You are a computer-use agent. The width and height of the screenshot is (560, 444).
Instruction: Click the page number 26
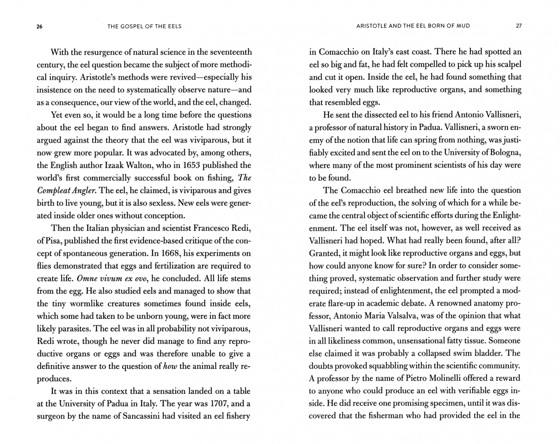40,26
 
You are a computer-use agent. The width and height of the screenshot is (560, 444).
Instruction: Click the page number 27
518,26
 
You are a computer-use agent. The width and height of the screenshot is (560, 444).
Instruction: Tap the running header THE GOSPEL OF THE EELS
144,26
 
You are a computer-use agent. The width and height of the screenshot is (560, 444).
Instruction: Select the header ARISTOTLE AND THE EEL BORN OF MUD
413,26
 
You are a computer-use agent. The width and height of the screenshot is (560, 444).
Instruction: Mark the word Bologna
506,153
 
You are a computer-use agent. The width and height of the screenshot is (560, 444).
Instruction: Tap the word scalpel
508,65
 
